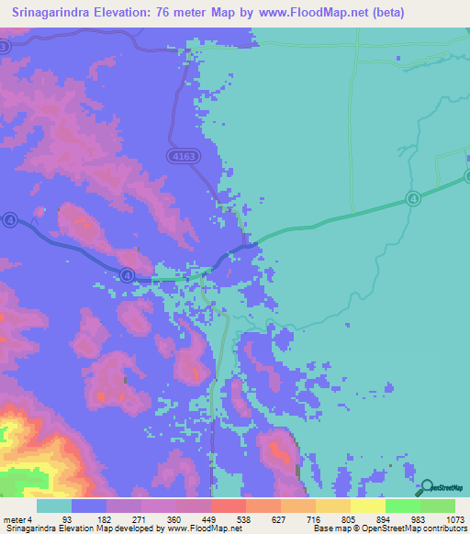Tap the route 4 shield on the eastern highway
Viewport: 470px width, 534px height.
(413, 198)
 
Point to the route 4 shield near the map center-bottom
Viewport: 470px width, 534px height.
(128, 274)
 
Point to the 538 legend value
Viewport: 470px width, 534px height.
(246, 519)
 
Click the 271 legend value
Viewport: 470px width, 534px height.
(141, 519)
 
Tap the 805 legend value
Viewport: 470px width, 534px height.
(351, 519)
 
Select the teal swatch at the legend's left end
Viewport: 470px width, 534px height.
(54, 506)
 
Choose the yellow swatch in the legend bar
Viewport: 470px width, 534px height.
(367, 506)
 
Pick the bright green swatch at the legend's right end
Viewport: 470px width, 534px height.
(437, 506)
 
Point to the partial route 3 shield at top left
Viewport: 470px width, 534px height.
(5, 46)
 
